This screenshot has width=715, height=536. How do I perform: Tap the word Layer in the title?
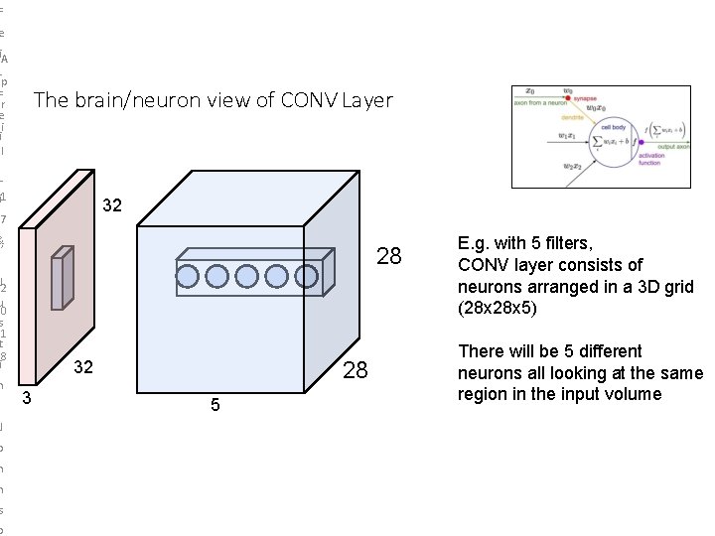(x=367, y=100)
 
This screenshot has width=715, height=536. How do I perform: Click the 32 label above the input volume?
(x=112, y=205)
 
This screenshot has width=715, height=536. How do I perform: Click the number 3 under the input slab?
(x=27, y=399)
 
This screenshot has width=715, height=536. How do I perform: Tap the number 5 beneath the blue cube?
(x=214, y=406)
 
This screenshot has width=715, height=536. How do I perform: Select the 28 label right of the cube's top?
(x=389, y=257)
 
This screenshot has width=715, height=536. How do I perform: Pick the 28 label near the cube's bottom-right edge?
(x=355, y=371)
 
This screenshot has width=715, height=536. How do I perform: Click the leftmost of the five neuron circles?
(x=189, y=276)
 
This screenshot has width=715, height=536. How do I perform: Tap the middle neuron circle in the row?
(x=247, y=276)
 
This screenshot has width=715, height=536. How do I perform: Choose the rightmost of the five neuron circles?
(x=305, y=276)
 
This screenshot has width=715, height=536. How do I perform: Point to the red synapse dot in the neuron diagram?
(x=567, y=98)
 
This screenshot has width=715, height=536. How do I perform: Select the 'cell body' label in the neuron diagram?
(x=612, y=127)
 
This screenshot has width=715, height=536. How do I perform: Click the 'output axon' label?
(x=672, y=147)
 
